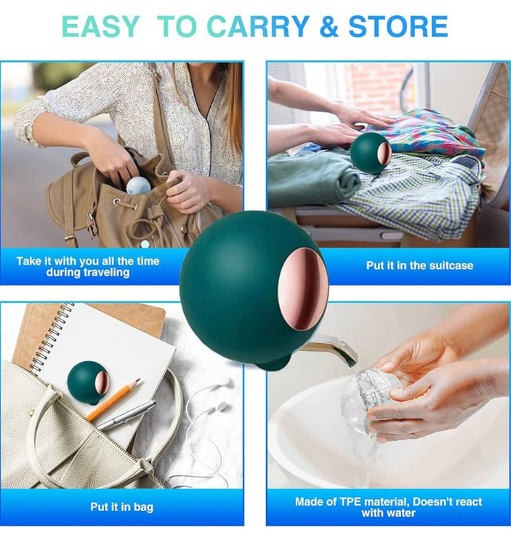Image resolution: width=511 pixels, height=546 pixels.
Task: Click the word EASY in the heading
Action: click(101, 26)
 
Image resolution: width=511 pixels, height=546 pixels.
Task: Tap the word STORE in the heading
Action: click(398, 26)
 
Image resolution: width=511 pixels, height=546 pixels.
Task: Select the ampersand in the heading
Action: click(329, 26)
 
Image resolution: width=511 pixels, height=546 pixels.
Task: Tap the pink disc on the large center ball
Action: click(303, 288)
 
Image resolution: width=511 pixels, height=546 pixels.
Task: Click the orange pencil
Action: click(113, 400)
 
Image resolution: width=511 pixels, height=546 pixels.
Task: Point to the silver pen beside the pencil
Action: click(126, 415)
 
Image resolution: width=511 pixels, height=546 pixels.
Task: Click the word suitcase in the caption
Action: click(451, 266)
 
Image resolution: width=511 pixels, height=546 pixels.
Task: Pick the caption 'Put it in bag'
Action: click(121, 507)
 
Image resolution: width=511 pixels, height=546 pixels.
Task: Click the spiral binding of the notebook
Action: click(52, 334)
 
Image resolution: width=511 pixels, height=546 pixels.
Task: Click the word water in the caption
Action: click(401, 513)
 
